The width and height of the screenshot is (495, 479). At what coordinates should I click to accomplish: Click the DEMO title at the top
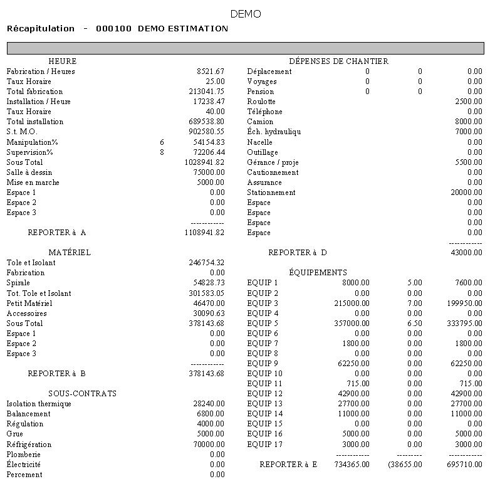pos(246,14)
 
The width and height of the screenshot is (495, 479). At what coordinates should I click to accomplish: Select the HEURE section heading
pos(62,61)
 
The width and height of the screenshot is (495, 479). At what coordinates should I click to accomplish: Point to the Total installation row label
pos(35,122)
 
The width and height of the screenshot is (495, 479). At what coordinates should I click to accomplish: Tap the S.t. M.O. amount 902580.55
pos(206,132)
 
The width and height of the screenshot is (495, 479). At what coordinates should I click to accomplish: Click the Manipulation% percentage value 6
pos(162,142)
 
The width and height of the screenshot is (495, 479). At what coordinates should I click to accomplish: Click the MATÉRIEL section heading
pos(70,253)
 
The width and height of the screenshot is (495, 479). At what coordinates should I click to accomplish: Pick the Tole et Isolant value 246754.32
pos(206,263)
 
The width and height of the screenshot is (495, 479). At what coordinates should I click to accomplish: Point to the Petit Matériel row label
pos(29,303)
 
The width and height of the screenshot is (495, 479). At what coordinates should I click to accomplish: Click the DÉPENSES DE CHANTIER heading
pos(338,61)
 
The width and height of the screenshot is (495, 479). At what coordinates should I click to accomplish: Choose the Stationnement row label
pos(271,192)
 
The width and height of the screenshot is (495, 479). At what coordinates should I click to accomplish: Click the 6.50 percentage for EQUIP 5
pos(414,324)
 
